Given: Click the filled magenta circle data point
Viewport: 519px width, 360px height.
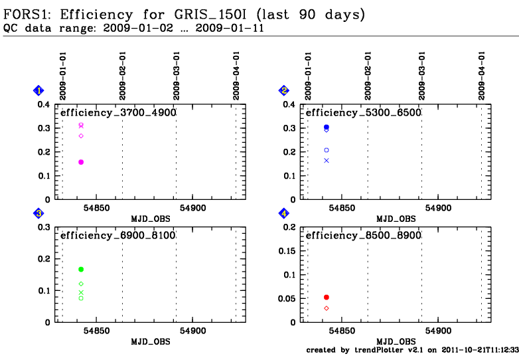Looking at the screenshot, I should click(81, 162).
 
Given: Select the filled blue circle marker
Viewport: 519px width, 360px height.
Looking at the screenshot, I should click(327, 127).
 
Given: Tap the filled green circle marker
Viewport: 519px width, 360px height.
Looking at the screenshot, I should click(81, 269).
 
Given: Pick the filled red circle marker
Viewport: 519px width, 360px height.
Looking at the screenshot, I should click(327, 297).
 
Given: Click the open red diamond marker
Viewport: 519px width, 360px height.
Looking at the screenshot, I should click(327, 308).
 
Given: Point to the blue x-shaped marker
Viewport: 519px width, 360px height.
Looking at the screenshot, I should click(327, 161).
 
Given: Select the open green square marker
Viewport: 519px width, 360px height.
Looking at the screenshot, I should click(81, 298).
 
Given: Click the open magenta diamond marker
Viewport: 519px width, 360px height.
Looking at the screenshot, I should click(81, 135).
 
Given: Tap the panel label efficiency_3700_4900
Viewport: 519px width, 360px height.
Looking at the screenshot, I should click(118, 113).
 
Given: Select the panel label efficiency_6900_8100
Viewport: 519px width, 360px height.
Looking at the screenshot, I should click(118, 236).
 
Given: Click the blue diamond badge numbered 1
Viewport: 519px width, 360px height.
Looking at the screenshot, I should click(38, 90).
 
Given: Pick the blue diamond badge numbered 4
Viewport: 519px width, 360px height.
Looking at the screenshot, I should click(284, 213).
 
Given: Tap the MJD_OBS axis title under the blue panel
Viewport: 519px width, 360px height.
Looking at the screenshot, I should click(396, 219).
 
